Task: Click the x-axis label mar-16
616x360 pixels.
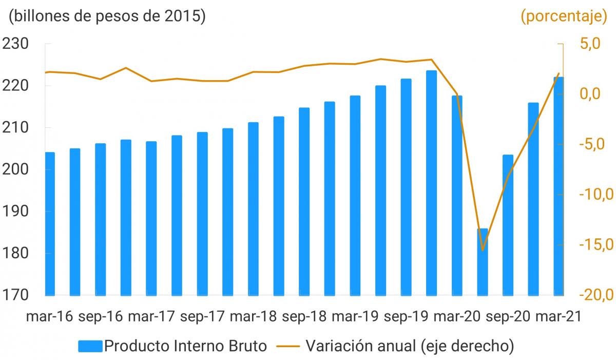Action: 49,316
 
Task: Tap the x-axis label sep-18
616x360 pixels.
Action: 304,316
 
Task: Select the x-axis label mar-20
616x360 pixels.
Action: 457,316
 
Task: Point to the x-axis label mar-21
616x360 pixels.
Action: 558,316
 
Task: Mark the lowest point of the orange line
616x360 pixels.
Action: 483,251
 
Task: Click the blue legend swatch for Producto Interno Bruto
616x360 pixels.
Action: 90,346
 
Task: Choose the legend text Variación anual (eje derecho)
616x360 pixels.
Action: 410,346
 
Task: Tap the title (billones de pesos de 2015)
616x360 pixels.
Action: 107,16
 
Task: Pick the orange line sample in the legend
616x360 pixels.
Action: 288,346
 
